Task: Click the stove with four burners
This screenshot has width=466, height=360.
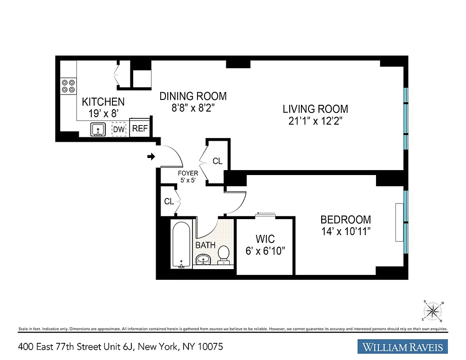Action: pos(68,86)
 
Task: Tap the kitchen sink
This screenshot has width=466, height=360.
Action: pos(98,130)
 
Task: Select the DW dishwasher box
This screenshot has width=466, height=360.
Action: pos(118,130)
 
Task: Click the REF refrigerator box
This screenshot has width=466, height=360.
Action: pos(139,129)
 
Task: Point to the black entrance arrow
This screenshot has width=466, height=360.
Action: pos(151,157)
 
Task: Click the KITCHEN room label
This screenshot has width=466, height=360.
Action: pos(103,102)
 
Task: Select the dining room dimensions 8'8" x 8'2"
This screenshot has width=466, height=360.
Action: pos(193,108)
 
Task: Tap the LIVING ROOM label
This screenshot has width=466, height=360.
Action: pos(315,109)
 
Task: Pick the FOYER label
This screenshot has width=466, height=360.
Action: pos(188,172)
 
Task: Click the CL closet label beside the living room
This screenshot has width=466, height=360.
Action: pos(217,161)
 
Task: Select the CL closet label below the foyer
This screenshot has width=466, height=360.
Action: pos(169,202)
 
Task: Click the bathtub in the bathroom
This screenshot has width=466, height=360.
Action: pos(181,245)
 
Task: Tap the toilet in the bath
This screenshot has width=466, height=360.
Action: pos(224,255)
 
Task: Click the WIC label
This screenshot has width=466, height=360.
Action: pos(266,238)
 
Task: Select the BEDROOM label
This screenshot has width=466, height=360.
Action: pos(345,220)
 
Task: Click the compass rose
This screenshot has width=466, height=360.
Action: pos(433,310)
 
